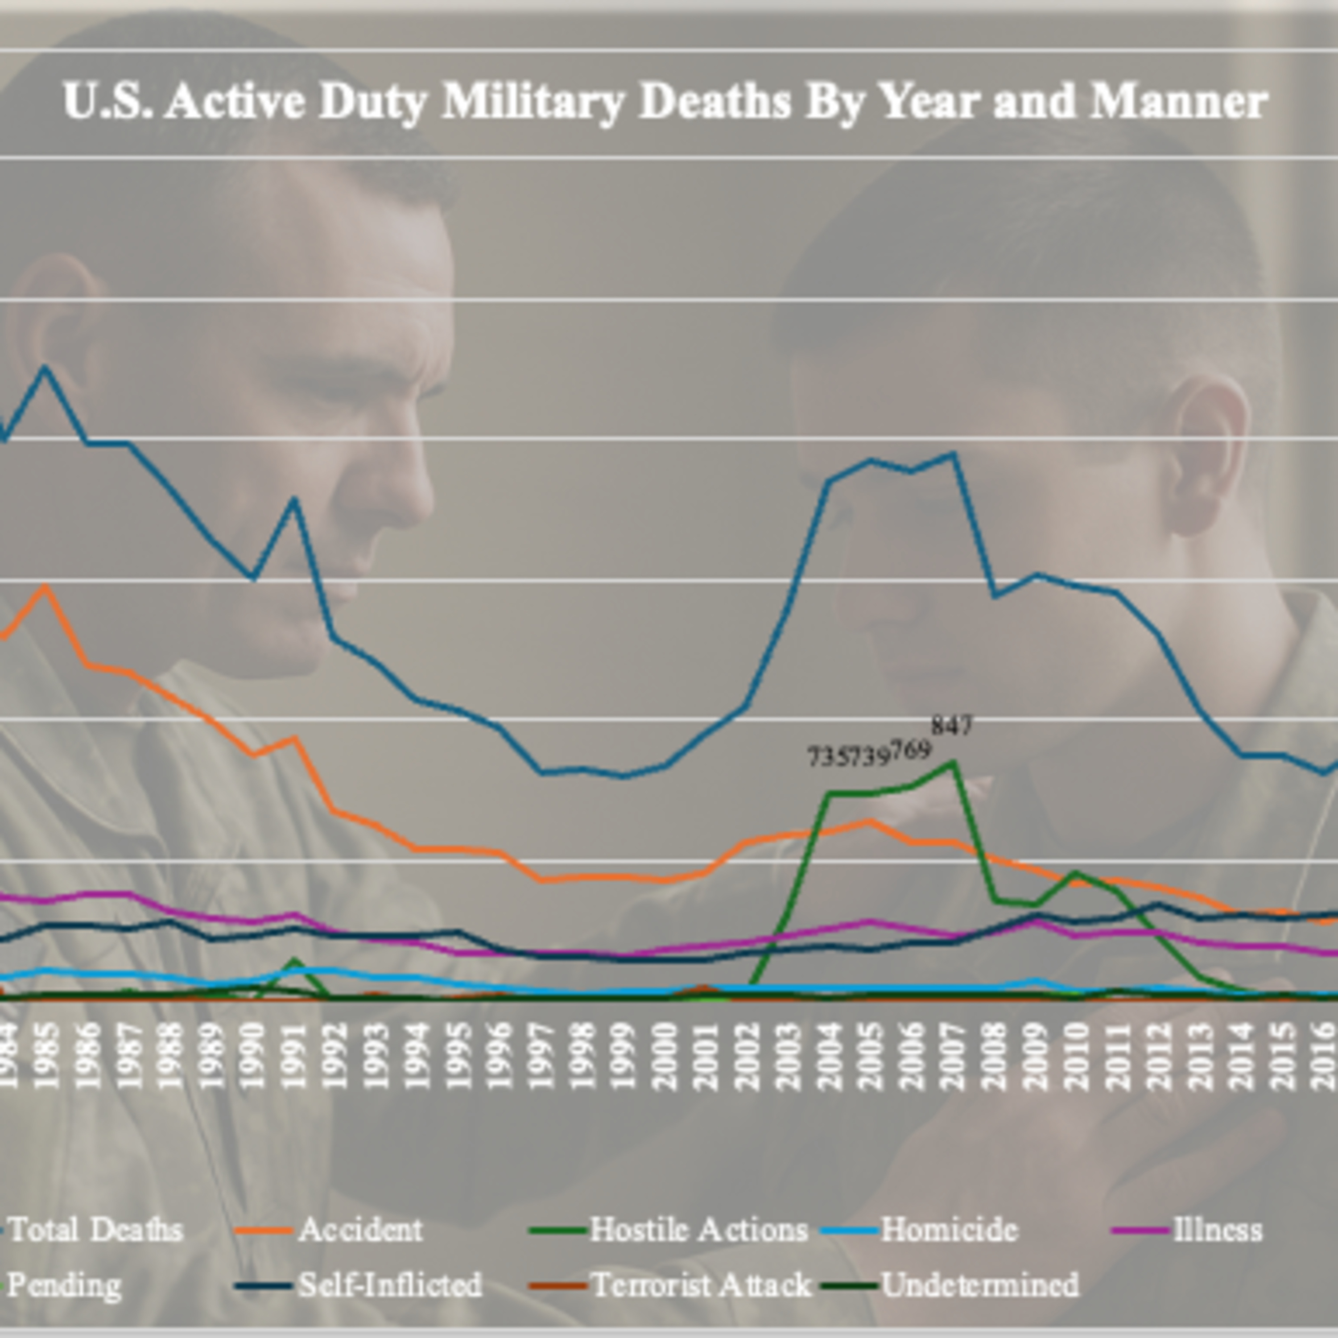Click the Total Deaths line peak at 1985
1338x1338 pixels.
45,367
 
